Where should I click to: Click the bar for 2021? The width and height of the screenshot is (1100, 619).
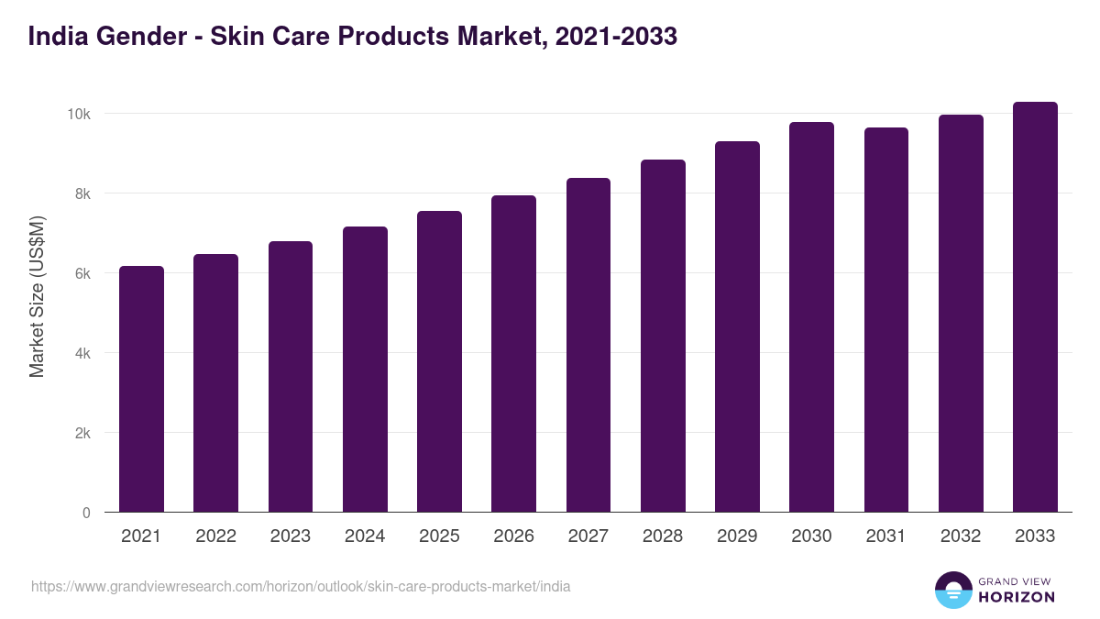click(x=141, y=389)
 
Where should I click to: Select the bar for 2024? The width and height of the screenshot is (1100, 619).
click(x=365, y=369)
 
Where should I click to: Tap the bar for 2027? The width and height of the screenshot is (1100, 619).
click(x=588, y=345)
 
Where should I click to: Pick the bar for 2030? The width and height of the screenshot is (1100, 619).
click(x=811, y=316)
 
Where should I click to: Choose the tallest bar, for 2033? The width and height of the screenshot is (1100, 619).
click(x=1035, y=306)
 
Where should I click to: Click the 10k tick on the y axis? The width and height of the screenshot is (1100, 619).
click(x=77, y=114)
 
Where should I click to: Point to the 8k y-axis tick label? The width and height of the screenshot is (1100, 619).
click(x=81, y=193)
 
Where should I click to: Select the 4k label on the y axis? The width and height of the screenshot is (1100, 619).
click(x=81, y=353)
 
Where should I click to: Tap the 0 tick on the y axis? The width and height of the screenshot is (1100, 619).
click(x=86, y=513)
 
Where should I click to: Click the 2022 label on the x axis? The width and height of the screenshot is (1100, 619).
click(x=215, y=536)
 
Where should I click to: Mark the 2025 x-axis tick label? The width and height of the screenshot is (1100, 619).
click(x=439, y=536)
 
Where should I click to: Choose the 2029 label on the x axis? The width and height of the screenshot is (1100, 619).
click(x=737, y=536)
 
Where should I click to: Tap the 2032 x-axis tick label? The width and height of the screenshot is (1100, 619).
click(x=961, y=536)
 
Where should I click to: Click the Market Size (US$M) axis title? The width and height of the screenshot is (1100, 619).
click(x=37, y=296)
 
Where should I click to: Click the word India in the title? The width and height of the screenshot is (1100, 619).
click(x=57, y=37)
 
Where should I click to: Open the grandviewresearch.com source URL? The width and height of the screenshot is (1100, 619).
click(x=301, y=586)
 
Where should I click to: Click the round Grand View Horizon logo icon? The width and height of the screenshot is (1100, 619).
click(x=952, y=590)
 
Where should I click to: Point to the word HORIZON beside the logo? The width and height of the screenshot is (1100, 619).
click(x=1016, y=597)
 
